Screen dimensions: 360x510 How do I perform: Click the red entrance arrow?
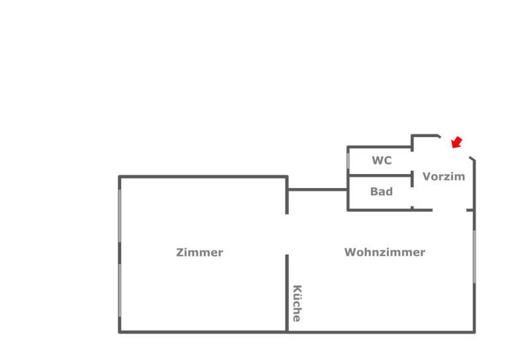click(456, 142)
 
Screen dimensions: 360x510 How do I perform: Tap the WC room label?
click(382, 160)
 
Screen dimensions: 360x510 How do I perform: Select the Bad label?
click(382, 192)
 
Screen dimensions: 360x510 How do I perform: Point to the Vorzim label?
click(444, 177)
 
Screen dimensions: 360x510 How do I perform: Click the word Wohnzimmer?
click(384, 252)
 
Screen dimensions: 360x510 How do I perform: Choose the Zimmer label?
click(199, 252)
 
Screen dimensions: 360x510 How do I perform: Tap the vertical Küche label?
click(297, 303)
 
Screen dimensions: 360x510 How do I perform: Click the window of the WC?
click(348, 160)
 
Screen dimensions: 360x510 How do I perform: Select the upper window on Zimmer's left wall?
click(120, 216)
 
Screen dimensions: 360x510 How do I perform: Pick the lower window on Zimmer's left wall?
click(120, 290)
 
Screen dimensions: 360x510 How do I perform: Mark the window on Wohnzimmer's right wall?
click(474, 256)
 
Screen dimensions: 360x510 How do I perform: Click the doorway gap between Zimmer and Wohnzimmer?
click(287, 234)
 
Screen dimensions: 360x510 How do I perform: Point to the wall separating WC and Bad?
click(380, 176)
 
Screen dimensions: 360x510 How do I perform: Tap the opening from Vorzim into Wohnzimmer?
click(450, 210)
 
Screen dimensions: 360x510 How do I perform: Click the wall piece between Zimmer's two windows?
click(120, 253)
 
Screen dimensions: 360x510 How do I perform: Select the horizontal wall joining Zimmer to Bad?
click(317, 190)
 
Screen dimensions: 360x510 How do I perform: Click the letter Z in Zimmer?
click(180, 252)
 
